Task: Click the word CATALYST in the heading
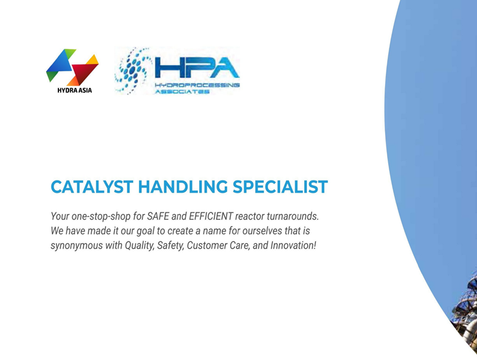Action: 92,187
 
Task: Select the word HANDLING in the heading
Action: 183,187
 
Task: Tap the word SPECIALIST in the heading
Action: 280,187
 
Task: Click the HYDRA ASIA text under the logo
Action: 75,90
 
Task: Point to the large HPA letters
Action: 197,67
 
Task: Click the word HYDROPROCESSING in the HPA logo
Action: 197,85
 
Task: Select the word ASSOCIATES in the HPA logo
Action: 182,91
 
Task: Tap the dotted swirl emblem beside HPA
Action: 132,70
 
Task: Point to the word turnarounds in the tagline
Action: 293,216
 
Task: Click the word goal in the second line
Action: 145,231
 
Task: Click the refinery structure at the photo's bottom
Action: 466,313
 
